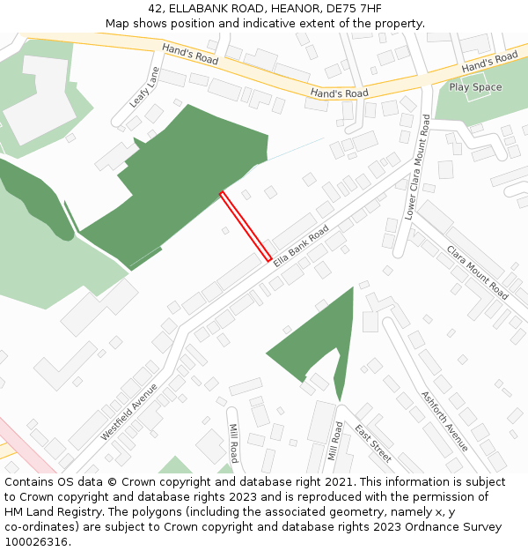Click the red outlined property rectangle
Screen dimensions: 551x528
pyautogui.click(x=246, y=227)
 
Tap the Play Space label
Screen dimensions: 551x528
pyautogui.click(x=475, y=87)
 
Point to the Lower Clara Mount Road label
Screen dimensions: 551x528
pyautogui.click(x=417, y=168)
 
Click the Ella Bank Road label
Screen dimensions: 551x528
pyautogui.click(x=300, y=246)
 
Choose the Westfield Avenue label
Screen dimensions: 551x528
pyautogui.click(x=128, y=412)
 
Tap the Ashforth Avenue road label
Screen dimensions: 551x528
pyautogui.click(x=444, y=421)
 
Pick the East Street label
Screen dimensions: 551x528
pyautogui.click(x=373, y=443)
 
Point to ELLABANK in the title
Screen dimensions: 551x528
pyautogui.click(x=202, y=9)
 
